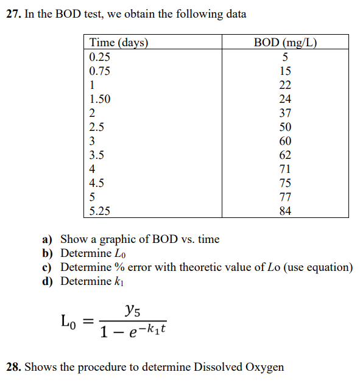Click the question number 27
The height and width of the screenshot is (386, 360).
[x=13, y=13]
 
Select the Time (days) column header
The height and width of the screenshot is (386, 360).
[x=119, y=43]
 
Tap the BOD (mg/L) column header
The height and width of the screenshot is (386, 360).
[x=285, y=43]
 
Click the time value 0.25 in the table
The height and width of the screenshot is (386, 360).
[x=100, y=57]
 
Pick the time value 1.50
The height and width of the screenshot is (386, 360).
[x=100, y=99]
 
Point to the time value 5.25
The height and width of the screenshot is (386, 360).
[x=100, y=211]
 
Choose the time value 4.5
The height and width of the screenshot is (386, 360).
[x=97, y=183]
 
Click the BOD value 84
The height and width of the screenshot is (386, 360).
[x=285, y=211]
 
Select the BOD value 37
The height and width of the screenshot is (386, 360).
[x=285, y=113]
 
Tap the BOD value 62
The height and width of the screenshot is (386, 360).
[x=285, y=155]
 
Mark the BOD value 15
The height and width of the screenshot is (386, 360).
[x=285, y=71]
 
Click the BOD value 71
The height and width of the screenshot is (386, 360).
[x=285, y=169]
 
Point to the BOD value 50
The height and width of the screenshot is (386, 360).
[x=285, y=127]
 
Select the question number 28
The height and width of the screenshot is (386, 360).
[x=13, y=367]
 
